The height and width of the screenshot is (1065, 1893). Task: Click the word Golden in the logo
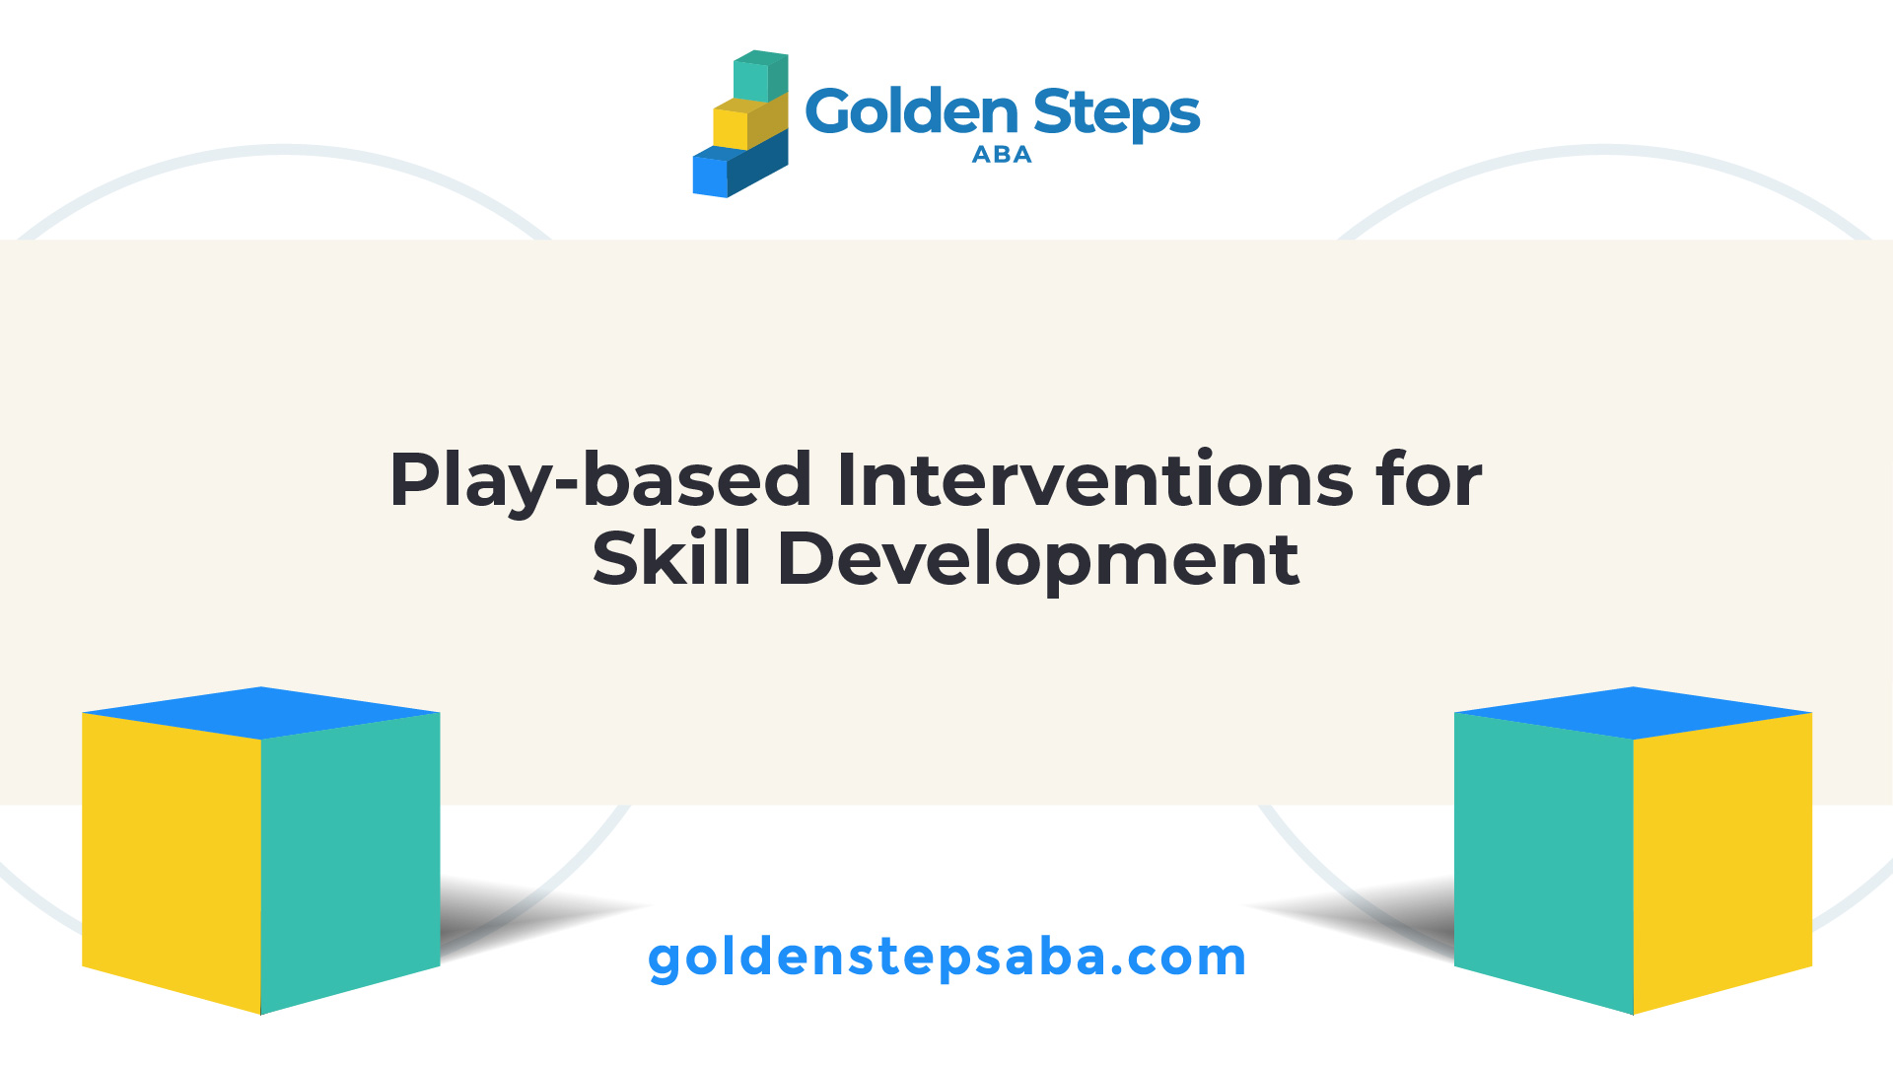[x=912, y=111]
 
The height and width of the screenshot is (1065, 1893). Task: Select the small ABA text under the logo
[x=1002, y=155]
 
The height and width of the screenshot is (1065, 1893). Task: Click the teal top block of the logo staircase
[x=760, y=76]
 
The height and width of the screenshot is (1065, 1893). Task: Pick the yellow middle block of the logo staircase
[x=749, y=122]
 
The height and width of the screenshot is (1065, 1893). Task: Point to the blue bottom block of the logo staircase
[x=739, y=168]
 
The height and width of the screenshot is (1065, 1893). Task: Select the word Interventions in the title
[x=1094, y=480]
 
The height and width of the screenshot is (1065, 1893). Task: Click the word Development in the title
[x=1039, y=561]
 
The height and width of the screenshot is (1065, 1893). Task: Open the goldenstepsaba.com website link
[x=946, y=958]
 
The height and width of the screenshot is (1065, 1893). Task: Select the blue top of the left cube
[x=261, y=713]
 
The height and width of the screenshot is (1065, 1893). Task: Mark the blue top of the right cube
[x=1634, y=713]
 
